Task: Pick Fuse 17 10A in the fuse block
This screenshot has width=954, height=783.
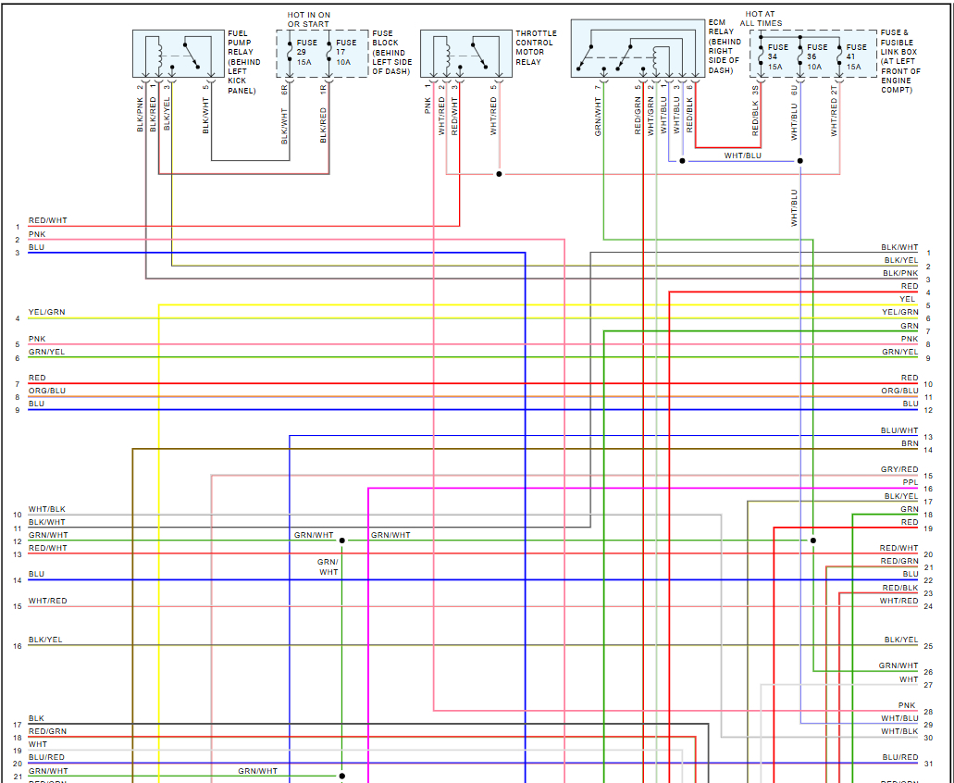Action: (x=345, y=53)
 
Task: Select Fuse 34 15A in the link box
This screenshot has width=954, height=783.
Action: (x=777, y=56)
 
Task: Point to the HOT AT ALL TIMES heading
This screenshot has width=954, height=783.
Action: (x=761, y=19)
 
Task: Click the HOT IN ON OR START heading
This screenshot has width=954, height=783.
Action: (x=308, y=19)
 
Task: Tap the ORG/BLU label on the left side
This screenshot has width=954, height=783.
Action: (x=47, y=391)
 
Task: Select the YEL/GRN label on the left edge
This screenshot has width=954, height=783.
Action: (x=47, y=312)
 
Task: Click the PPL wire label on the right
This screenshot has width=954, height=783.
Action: (x=910, y=482)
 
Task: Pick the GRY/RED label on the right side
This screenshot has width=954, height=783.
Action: (x=899, y=469)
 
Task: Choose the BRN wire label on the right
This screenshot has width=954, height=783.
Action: (x=910, y=443)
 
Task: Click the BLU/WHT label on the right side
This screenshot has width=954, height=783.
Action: (x=899, y=430)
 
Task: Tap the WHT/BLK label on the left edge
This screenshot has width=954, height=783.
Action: (x=47, y=509)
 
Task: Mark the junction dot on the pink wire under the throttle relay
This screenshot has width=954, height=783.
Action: (x=499, y=173)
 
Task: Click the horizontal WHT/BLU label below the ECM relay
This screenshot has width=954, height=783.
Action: (x=742, y=155)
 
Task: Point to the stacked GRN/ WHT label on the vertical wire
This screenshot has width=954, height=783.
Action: (x=328, y=566)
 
